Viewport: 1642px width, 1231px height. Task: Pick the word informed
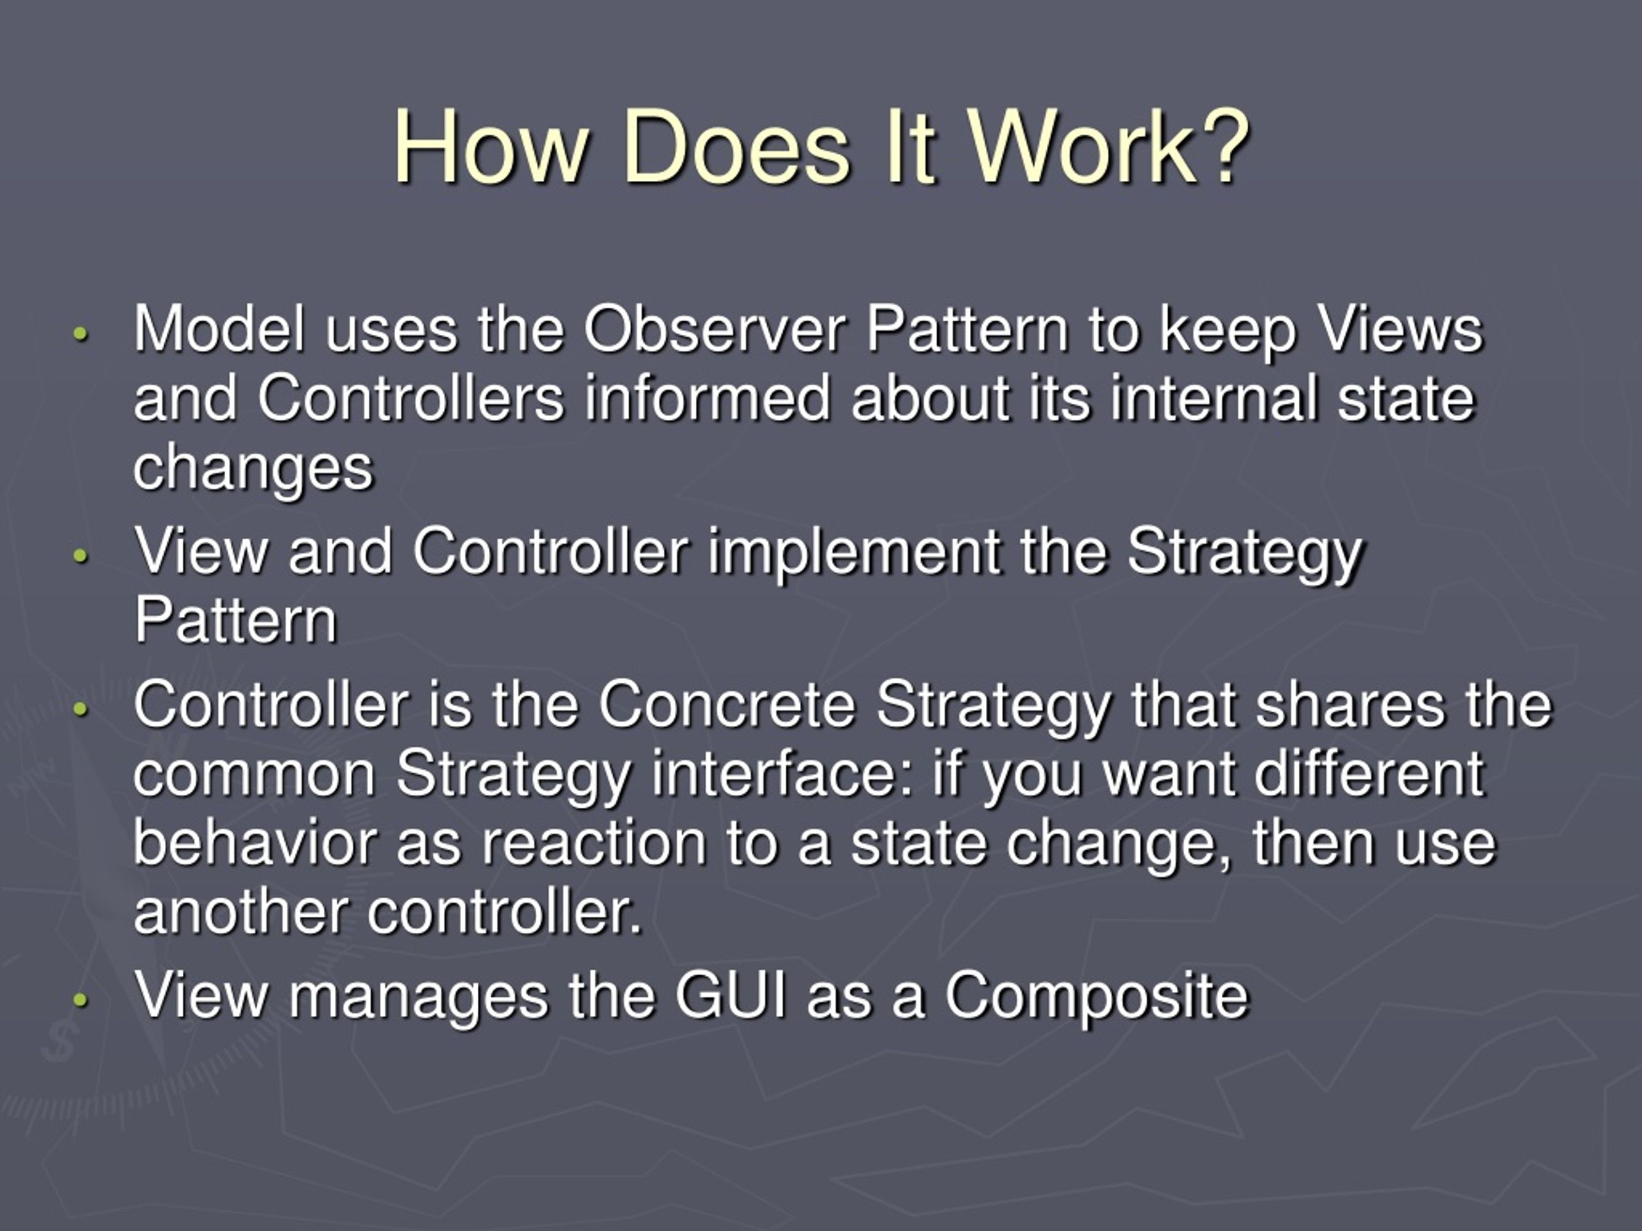[x=706, y=398]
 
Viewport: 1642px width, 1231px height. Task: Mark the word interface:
[x=783, y=773]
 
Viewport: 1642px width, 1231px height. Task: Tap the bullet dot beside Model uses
[x=81, y=335]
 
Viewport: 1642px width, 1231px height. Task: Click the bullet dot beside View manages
[x=81, y=1001]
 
